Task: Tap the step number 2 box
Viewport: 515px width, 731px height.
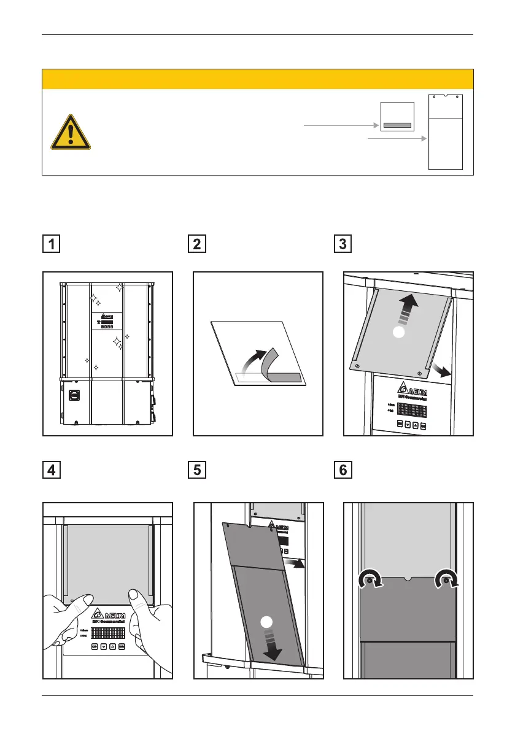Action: tap(198, 244)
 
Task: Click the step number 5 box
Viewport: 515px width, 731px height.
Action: tap(198, 471)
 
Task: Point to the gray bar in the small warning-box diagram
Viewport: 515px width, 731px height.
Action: tap(397, 125)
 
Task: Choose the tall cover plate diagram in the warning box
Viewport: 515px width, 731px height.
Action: tap(445, 132)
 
